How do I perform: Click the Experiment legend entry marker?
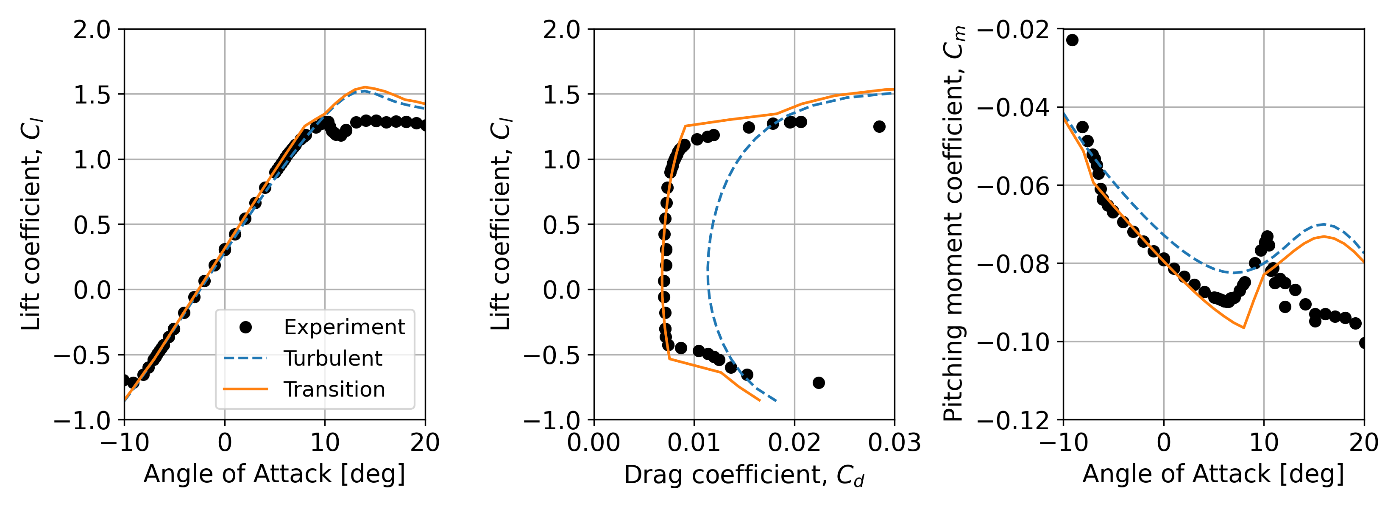[245, 327]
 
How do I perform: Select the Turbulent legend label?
[332, 358]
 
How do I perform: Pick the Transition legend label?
[334, 389]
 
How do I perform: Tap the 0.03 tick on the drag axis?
[894, 443]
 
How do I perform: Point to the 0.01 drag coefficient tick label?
[694, 443]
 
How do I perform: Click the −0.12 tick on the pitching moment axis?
[1013, 420]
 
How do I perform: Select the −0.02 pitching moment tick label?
[1013, 29]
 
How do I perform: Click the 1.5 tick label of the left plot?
[92, 95]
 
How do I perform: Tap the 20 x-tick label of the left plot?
[425, 443]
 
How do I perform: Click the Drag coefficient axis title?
[744, 475]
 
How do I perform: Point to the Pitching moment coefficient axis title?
[954, 224]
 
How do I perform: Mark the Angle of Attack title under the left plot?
[274, 474]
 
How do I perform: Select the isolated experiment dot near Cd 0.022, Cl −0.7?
[819, 383]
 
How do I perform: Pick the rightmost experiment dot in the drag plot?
[879, 126]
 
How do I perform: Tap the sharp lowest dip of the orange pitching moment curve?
[1244, 327]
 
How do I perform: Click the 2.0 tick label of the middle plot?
[562, 29]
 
